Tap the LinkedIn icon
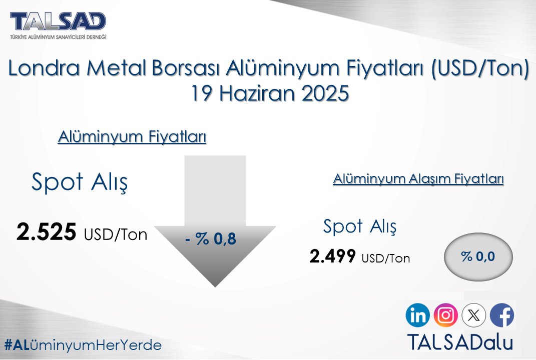[418, 315]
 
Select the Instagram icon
[445, 315]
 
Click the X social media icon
[473, 315]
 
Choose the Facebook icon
[501, 315]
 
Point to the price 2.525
[47, 232]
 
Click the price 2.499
[333, 256]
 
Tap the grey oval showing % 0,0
[478, 256]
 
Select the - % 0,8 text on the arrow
[210, 239]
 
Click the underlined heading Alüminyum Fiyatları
[132, 137]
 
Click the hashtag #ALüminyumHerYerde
[83, 345]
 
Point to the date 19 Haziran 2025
[269, 93]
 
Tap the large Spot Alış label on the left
[79, 182]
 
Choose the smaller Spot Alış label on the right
[360, 226]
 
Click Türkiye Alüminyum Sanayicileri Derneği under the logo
[58, 37]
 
